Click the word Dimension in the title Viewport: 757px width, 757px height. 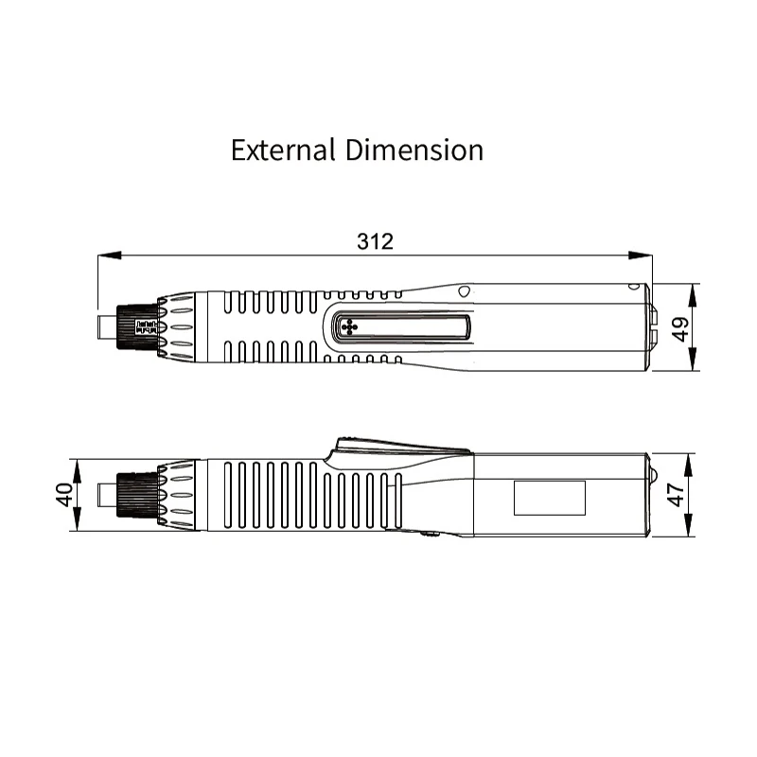[414, 150]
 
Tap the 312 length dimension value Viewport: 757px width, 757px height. [375, 240]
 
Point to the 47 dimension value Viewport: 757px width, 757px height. [678, 495]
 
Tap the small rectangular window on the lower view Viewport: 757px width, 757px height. [549, 497]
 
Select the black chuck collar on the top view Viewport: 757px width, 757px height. [135, 327]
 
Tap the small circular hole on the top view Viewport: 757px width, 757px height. [463, 290]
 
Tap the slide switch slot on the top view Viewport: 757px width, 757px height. [403, 327]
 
